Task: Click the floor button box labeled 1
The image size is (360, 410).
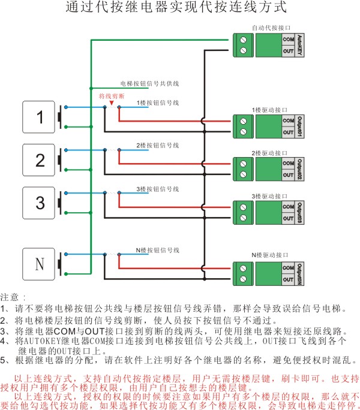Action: tap(40, 117)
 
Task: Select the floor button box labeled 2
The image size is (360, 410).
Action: tap(40, 160)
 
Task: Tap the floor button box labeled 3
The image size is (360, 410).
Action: tap(40, 203)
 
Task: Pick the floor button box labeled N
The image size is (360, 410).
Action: tap(40, 264)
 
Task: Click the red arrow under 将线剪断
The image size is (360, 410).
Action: tap(112, 103)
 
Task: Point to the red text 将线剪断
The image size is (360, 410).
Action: tap(112, 96)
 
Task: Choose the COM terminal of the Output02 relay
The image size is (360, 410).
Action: tap(287, 163)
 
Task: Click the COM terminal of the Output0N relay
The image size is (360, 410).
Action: tap(287, 267)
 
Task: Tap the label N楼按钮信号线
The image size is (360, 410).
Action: tap(157, 249)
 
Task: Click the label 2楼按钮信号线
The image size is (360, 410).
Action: tap(157, 146)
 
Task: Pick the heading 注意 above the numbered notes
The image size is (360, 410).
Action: tap(13, 297)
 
